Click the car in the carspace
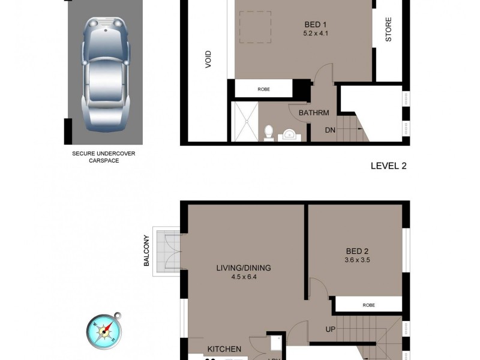click(104, 71)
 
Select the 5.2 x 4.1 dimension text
click(316, 34)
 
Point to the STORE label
click(388, 30)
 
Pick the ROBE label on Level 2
click(263, 89)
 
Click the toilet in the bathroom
click(269, 132)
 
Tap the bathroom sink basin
click(290, 134)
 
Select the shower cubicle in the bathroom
click(244, 122)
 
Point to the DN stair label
click(330, 130)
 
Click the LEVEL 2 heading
click(388, 166)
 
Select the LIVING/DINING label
click(244, 268)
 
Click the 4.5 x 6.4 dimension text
click(244, 277)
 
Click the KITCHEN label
click(224, 349)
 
